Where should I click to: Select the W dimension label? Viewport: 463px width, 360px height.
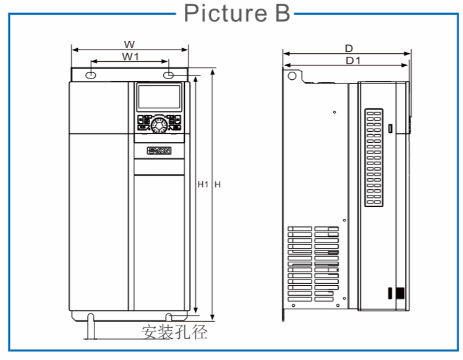click(129, 44)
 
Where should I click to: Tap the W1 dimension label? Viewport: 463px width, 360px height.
click(129, 56)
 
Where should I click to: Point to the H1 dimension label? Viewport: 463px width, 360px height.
click(202, 184)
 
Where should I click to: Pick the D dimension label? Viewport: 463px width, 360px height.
click(349, 48)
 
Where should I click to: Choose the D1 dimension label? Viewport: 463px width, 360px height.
click(352, 60)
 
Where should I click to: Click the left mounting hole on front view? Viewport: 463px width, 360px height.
click(90, 75)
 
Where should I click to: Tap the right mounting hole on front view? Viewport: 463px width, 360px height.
click(169, 75)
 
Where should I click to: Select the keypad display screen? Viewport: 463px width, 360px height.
click(159, 98)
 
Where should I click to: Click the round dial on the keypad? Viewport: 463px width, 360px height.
click(159, 124)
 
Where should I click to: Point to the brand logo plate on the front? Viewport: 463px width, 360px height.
click(159, 150)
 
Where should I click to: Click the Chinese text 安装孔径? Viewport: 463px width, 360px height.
click(174, 332)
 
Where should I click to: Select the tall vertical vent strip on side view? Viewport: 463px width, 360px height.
click(374, 158)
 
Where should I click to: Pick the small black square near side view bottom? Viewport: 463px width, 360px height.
click(399, 294)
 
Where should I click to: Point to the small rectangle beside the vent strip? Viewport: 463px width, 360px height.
click(391, 129)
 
